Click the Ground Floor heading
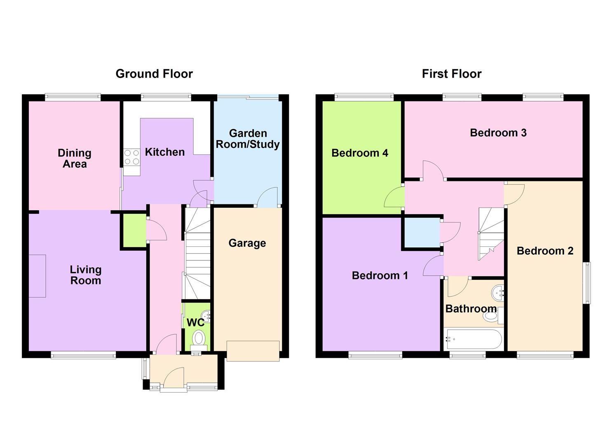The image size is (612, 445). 154,74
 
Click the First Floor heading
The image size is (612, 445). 451,74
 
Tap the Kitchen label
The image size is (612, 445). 164,152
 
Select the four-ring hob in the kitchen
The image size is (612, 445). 132,157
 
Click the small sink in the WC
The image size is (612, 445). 208,316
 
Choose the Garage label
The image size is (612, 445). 247,243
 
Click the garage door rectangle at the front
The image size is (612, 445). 253,351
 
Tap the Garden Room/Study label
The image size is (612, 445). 248,139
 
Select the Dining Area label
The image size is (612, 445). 75,158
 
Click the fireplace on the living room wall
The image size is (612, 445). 37,276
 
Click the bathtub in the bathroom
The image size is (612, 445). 473,340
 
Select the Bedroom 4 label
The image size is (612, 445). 359,153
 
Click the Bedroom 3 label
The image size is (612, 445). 498,133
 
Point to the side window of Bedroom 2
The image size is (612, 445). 586,283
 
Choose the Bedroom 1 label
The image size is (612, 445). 380,275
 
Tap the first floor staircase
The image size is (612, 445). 491,233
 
